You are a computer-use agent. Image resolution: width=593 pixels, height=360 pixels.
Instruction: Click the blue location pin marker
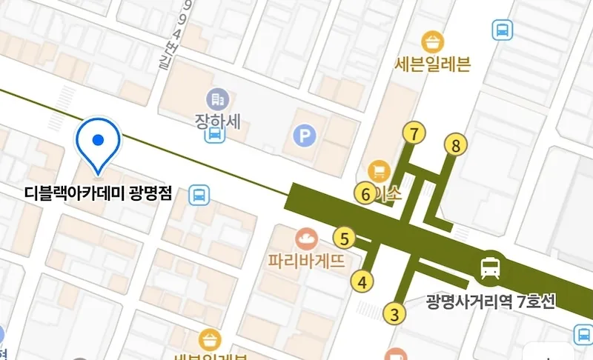99,141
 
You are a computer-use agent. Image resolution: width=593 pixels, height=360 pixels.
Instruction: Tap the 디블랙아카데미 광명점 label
99,195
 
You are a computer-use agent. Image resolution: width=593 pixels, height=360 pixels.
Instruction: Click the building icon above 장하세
217,99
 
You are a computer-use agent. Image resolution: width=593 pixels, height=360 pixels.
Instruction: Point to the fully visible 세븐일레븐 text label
434,64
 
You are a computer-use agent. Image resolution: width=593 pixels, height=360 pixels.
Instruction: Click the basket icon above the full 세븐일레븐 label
431,40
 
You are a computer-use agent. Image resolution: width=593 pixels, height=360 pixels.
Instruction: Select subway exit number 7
414,134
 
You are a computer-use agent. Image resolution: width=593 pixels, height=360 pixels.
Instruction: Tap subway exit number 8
456,145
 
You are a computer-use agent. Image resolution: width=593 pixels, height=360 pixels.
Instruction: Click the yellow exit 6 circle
365,194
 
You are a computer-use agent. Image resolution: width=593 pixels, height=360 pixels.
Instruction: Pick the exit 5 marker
344,239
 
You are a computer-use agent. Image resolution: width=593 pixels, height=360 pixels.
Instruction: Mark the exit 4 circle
362,281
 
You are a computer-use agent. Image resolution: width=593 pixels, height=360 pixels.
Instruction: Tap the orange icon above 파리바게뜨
305,239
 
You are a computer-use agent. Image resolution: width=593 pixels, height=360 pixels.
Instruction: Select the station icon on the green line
489,266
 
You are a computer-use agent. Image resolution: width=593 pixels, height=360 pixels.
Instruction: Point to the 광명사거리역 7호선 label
490,302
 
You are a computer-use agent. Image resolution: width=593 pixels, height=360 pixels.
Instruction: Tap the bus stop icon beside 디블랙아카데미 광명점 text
199,195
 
